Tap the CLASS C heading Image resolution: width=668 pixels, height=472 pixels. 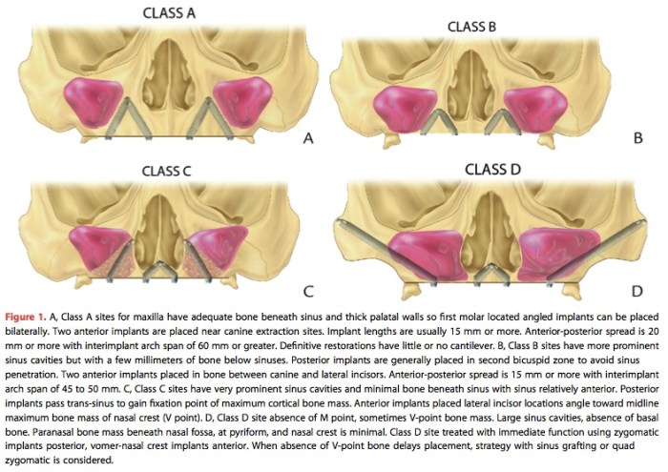(154, 172)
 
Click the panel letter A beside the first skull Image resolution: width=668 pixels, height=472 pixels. (306, 139)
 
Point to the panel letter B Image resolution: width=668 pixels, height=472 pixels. (637, 139)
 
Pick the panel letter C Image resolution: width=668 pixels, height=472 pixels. (307, 291)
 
